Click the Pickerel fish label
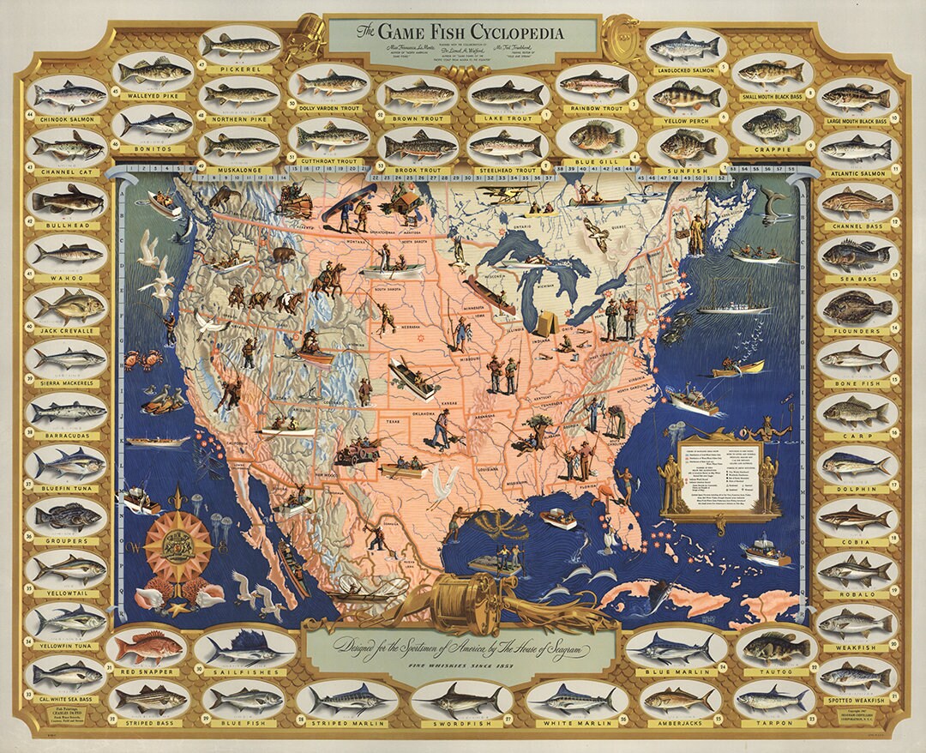(241, 66)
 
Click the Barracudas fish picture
(69, 412)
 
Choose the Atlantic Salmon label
(858, 173)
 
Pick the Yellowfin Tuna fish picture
(69, 617)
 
